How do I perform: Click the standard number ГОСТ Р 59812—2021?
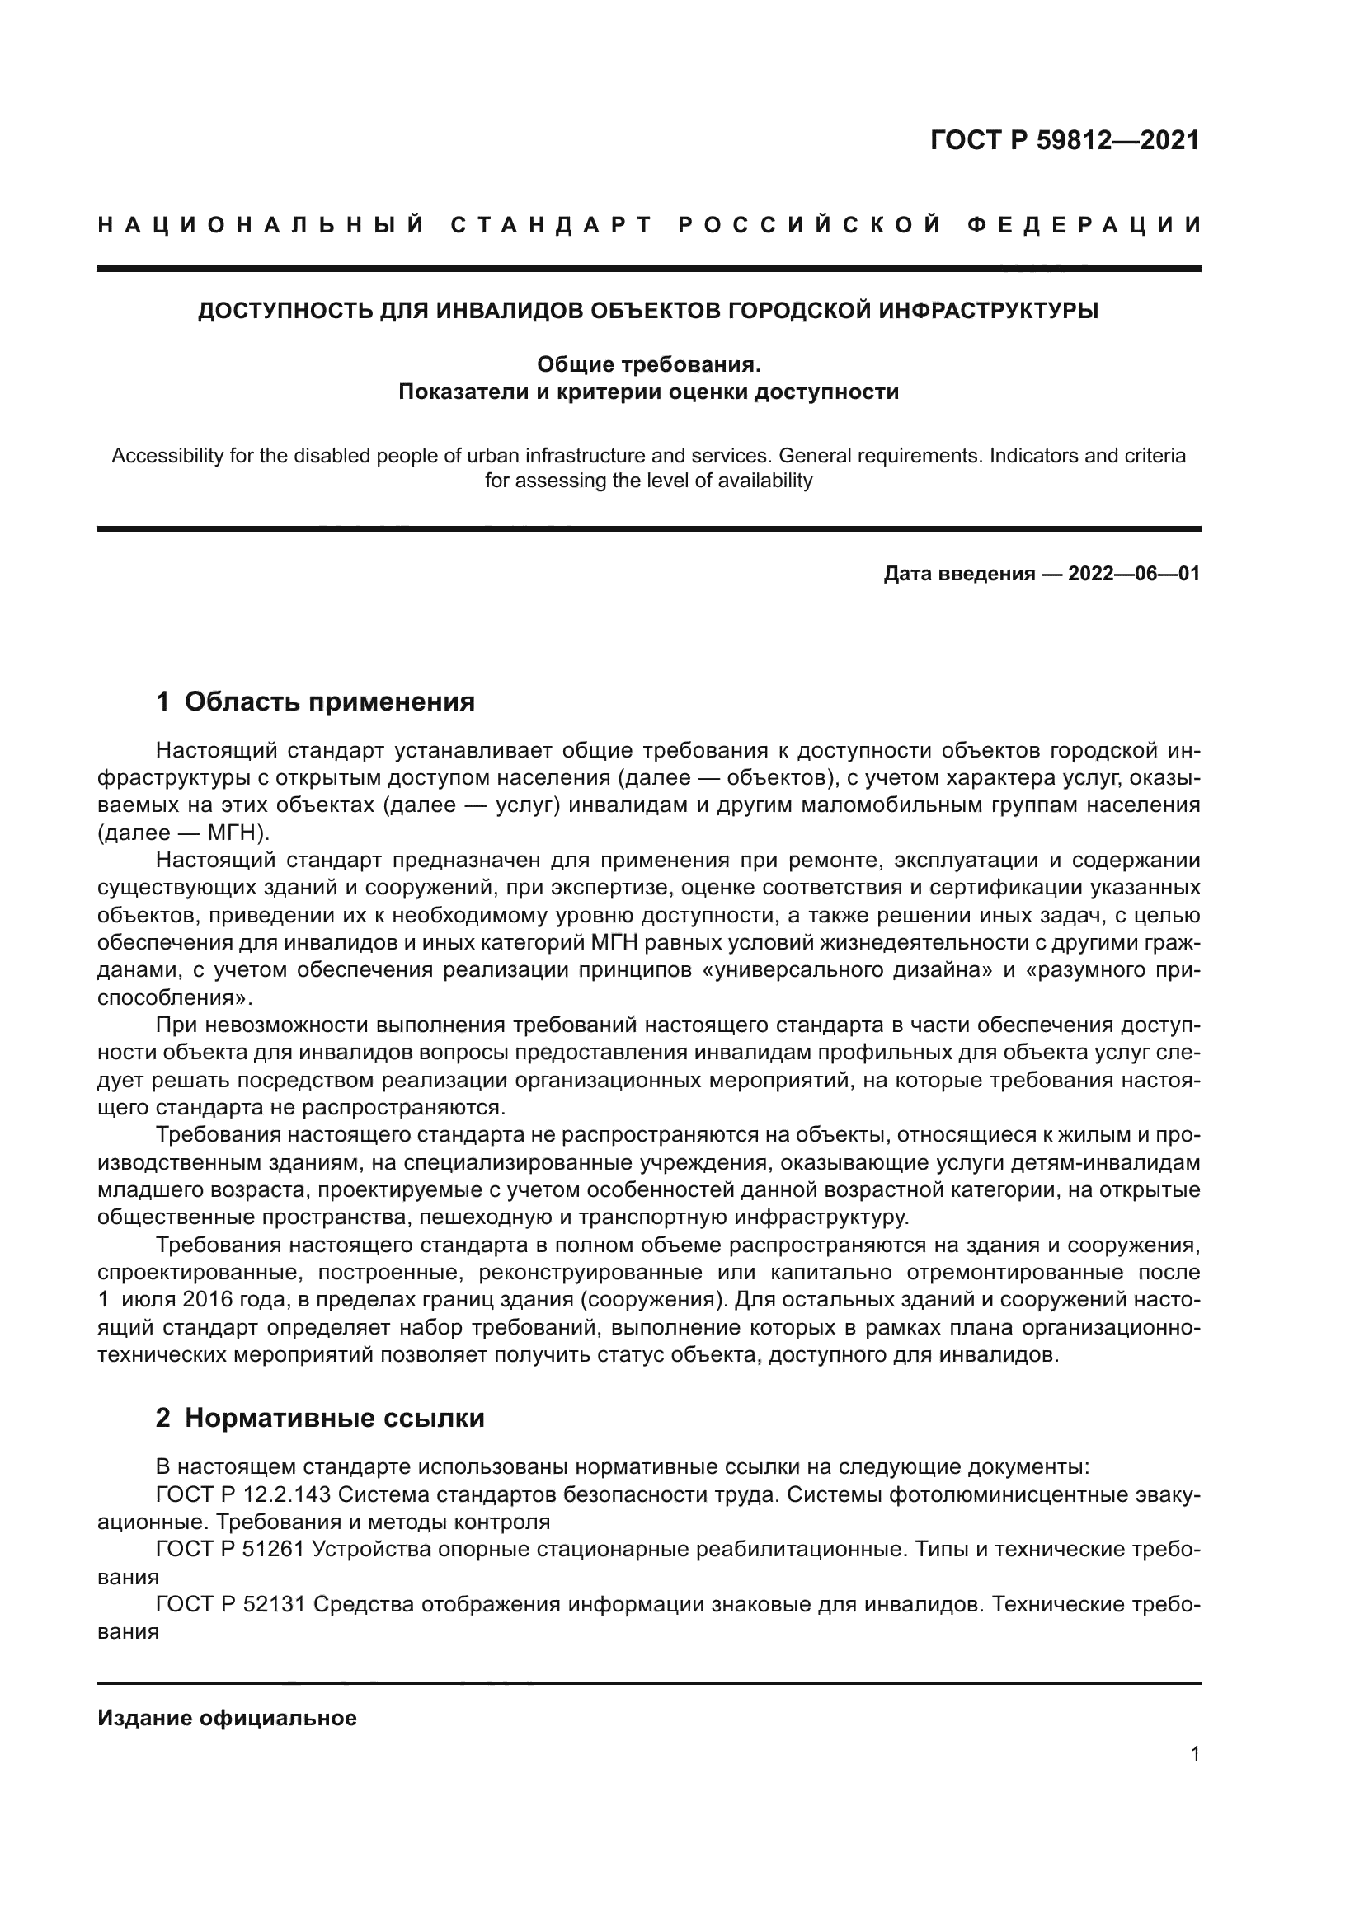[1064, 140]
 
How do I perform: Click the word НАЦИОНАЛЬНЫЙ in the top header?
[261, 225]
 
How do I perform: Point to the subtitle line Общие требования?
[647, 364]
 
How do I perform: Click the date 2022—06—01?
[1133, 575]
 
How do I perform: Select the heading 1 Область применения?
[315, 701]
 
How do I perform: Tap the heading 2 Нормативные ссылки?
[320, 1419]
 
